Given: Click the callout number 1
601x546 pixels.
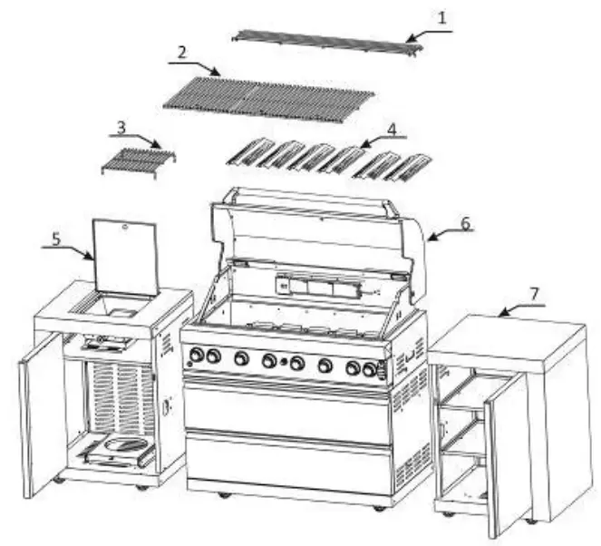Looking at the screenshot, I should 441,16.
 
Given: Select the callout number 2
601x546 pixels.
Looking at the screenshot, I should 181,52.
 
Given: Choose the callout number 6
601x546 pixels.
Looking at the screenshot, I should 464,224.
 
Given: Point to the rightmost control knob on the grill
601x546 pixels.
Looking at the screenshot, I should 370,369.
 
